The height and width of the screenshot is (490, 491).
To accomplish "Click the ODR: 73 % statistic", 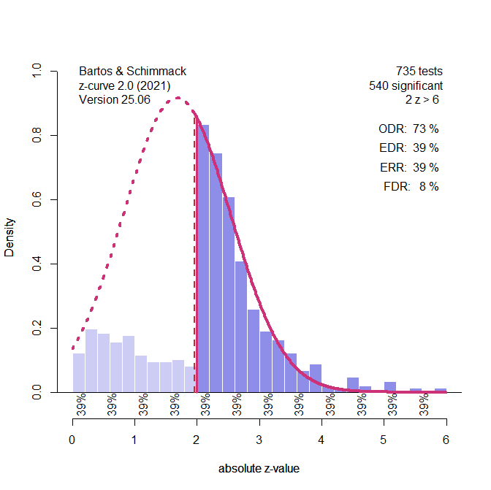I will [408, 129].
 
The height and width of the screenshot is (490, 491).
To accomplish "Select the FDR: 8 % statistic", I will [411, 186].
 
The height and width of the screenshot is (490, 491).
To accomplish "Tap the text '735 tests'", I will [419, 72].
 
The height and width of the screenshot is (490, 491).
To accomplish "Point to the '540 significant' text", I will [406, 85].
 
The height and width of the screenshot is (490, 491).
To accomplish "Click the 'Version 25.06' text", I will [114, 99].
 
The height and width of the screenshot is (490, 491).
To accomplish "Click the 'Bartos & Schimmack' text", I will [132, 72].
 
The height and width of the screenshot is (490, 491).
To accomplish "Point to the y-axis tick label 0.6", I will [35, 199].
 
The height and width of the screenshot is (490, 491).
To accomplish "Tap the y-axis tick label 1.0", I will [35, 71].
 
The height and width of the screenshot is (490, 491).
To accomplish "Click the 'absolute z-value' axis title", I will [259, 469].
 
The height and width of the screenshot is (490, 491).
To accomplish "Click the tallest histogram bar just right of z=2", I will [204, 259].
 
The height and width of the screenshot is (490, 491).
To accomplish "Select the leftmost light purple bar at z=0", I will [78, 373].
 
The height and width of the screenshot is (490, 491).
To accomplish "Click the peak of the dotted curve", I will [178, 99].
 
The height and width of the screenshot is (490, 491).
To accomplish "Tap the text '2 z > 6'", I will [422, 99].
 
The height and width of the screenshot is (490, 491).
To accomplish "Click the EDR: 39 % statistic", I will [408, 148].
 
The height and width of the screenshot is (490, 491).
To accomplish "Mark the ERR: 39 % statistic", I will [408, 167].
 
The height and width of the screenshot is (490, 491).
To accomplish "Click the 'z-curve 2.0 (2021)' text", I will [124, 85].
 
